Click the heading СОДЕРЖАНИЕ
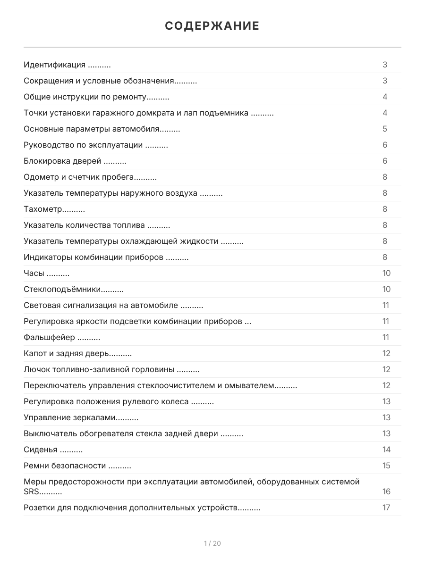212,26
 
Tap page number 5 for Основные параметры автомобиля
385,129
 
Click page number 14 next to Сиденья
386,450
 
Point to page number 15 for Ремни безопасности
386,466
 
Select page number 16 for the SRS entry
386,492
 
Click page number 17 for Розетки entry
386,508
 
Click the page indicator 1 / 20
212,543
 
